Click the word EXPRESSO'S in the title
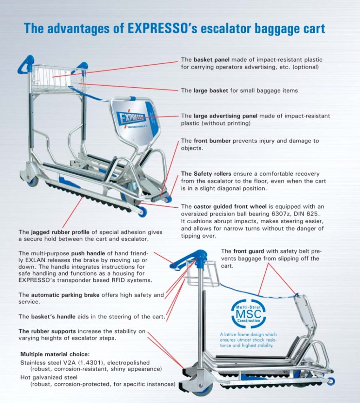coord(163,28)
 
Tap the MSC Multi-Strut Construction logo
coord(249,314)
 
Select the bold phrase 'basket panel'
coord(212,60)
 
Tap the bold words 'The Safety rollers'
coord(206,174)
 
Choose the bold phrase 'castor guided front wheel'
coord(230,207)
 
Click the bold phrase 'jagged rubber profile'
coord(60,232)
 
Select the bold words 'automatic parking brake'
coord(65,295)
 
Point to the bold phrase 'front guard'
coord(249,251)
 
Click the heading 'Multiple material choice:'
coord(55,354)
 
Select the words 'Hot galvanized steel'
coord(49,377)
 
